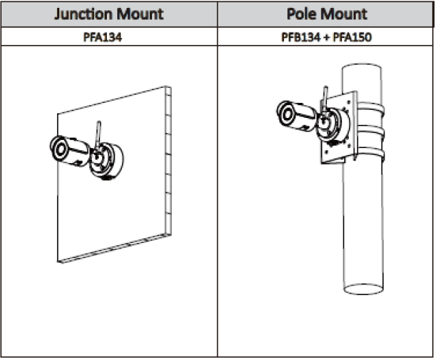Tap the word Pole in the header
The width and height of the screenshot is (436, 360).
pos(301,14)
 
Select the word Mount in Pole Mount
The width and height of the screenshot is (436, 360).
pos(344,14)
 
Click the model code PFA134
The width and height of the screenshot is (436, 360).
pos(103,37)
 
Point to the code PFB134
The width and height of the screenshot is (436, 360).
pos(301,37)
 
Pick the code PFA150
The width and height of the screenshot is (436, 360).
pos(352,37)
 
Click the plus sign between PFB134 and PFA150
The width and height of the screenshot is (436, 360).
pos(327,37)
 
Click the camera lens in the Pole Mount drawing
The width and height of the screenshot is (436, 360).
pos(287,114)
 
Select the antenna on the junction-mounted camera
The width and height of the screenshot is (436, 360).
pos(98,135)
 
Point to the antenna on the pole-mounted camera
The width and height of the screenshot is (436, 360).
pos(325,100)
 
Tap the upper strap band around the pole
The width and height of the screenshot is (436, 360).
pos(370,109)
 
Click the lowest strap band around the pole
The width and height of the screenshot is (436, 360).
pos(370,154)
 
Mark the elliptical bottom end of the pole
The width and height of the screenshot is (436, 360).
pos(363,289)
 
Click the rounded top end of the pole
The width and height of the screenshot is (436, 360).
pos(362,67)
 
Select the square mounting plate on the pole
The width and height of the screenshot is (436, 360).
pos(339,128)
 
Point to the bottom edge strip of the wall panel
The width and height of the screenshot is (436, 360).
pos(114,249)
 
